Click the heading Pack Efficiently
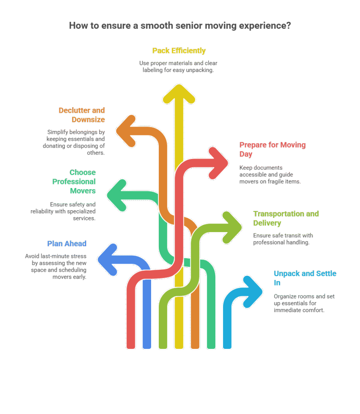coord(179,51)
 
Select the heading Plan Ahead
coord(67,243)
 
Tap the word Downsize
coord(88,119)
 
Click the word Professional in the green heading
coord(74,182)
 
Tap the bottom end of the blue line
coord(146,346)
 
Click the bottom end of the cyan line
coord(227,346)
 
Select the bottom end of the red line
coord(131,346)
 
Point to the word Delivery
coord(267,223)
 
